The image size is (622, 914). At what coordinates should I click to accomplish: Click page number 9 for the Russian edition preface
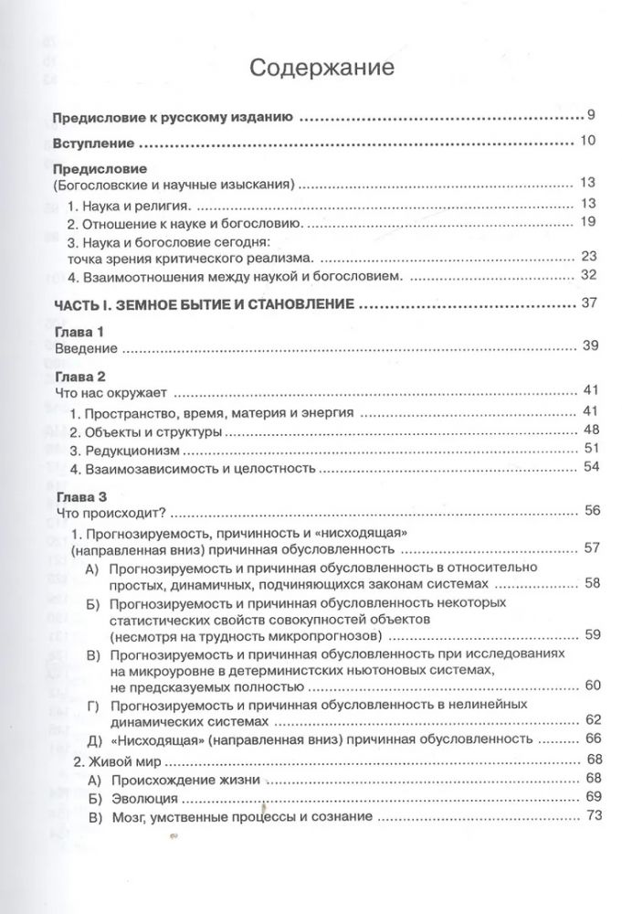coord(591,117)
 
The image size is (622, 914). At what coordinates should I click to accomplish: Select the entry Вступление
coord(94,143)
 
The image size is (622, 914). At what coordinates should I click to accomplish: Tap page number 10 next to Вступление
coord(587,141)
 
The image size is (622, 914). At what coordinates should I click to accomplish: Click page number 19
coord(587,222)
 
